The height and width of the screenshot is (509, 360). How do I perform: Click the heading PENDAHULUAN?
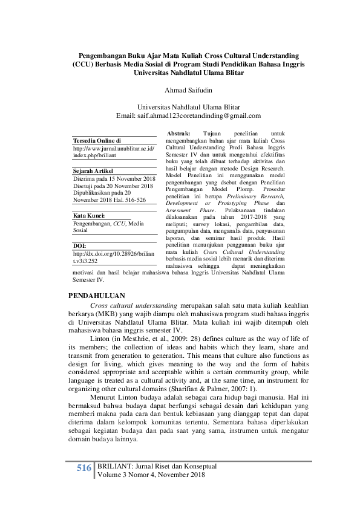pyautogui.click(x=97, y=295)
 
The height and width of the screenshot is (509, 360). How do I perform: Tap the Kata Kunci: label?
pyautogui.click(x=90, y=215)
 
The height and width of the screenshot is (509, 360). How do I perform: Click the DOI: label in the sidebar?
pyautogui.click(x=79, y=246)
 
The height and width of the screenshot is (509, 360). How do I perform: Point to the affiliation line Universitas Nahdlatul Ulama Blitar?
pyautogui.click(x=180, y=106)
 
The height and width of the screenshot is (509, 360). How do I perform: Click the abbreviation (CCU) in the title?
pyautogui.click(x=83, y=63)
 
